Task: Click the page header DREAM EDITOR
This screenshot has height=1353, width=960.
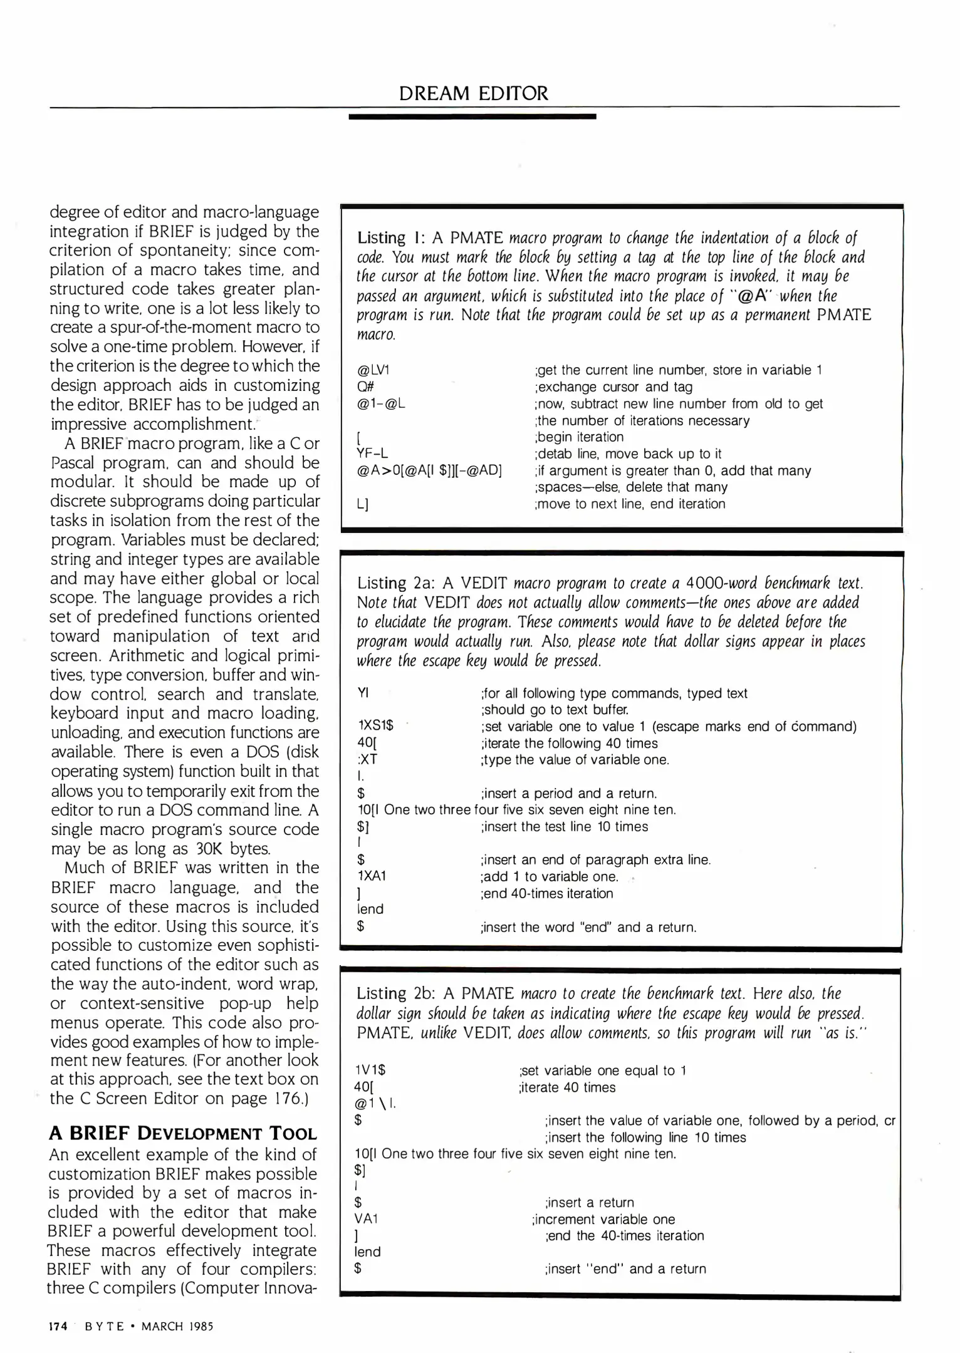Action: tap(473, 93)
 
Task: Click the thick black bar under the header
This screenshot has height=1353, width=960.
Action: tap(472, 117)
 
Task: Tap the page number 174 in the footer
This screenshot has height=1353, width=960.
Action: tap(58, 1326)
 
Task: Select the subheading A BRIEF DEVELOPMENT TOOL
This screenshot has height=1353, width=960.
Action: tap(183, 1134)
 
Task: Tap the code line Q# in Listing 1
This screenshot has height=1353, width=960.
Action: tap(365, 387)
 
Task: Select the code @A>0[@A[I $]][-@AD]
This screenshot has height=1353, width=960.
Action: tap(429, 470)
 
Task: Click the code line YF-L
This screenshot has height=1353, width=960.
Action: tap(372, 454)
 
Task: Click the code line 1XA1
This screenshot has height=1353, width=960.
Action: tap(372, 876)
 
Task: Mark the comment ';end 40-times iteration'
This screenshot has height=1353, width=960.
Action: tap(546, 893)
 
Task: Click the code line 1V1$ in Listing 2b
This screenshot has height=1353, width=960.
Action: tap(370, 1070)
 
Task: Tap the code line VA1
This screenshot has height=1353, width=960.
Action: tap(367, 1219)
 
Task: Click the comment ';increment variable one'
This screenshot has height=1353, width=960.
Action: tap(603, 1219)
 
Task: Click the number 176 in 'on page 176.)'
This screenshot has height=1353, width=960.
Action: tap(288, 1099)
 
